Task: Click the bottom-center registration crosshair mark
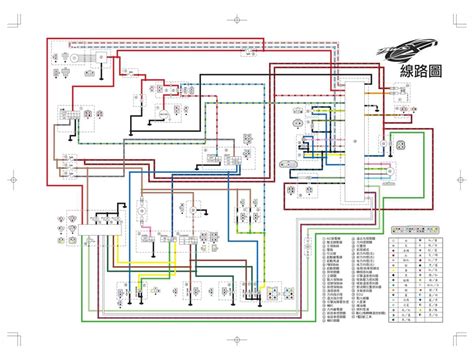[237, 343]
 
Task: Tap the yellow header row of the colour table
[419, 228]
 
